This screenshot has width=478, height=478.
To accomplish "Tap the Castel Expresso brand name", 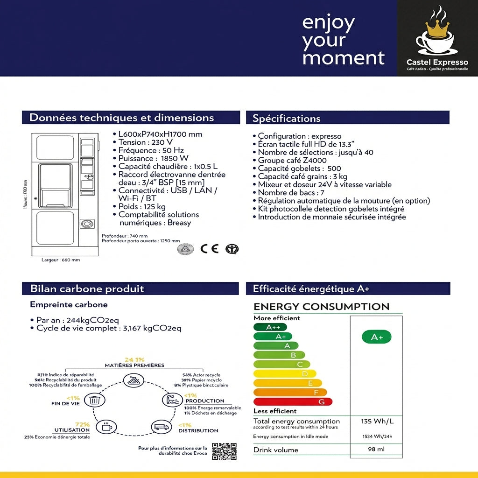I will click(437, 63).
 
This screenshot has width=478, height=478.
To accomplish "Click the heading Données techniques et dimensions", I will click(122, 118).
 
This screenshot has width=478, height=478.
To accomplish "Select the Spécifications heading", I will click(287, 119).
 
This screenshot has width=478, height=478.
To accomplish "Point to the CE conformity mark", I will click(209, 248).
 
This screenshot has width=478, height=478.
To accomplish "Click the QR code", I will click(224, 451).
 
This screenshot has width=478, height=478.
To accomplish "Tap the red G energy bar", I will click(293, 402).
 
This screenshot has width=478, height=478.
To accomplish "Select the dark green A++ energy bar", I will click(270, 327).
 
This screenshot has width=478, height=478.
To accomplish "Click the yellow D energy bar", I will click(285, 373).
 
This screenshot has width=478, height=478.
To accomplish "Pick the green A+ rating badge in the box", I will click(376, 337).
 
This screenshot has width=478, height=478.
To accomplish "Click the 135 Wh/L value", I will click(377, 422).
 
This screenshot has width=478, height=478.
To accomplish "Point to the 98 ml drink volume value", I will click(376, 450).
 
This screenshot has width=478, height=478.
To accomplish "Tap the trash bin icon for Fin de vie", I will click(95, 400).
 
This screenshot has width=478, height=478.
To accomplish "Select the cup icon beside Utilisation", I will click(106, 426).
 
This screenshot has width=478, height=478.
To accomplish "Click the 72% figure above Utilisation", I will click(82, 424).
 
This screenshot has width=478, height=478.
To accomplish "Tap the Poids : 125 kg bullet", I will click(142, 206).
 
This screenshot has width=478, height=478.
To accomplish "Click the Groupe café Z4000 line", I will click(292, 161).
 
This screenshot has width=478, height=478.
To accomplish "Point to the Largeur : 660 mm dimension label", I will click(61, 260).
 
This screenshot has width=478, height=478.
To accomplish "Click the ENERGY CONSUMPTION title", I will click(321, 307).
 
